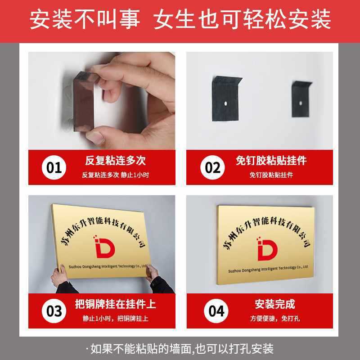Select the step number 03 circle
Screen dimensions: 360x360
click(x=54, y=311)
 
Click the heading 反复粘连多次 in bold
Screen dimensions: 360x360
click(x=115, y=161)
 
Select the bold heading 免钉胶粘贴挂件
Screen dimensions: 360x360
click(x=271, y=161)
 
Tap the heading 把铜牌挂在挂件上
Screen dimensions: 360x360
click(x=115, y=304)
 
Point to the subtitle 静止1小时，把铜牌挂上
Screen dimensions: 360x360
click(x=115, y=319)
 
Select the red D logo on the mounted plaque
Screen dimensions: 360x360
click(x=267, y=249)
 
